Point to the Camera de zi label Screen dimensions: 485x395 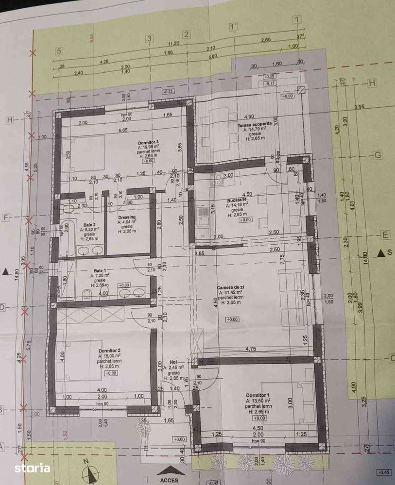pos(230,287)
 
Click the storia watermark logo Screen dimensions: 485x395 pos(32,468)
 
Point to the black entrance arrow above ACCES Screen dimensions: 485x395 pos(171,470)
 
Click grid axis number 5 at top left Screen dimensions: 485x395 pos(59,50)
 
